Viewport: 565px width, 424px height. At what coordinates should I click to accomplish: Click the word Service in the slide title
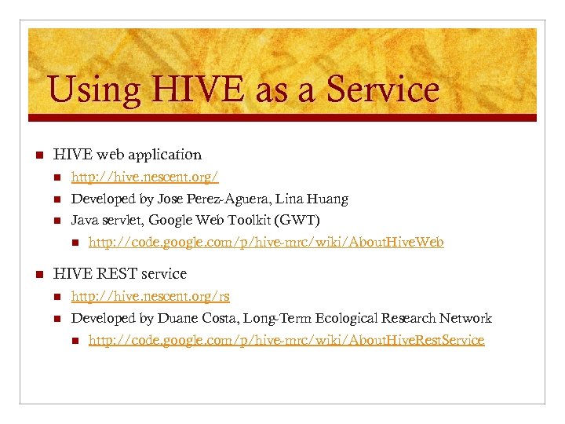coord(382,89)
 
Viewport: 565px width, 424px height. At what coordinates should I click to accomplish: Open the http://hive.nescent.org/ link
coord(145,177)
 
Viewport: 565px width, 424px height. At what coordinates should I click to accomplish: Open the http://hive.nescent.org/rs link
coord(151,296)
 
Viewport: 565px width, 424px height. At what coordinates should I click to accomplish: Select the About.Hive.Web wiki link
coord(266,242)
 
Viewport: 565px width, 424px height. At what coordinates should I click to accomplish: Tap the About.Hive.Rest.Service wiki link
coord(286,340)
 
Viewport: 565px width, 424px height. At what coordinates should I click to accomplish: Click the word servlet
coord(122,221)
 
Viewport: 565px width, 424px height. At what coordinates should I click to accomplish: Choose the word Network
coord(464,318)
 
